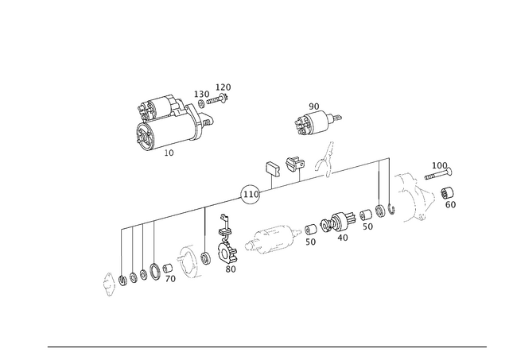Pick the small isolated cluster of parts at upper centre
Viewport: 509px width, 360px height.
[313, 122]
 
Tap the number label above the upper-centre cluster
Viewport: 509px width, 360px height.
[313, 105]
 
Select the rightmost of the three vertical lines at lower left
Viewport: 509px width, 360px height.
[153, 242]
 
